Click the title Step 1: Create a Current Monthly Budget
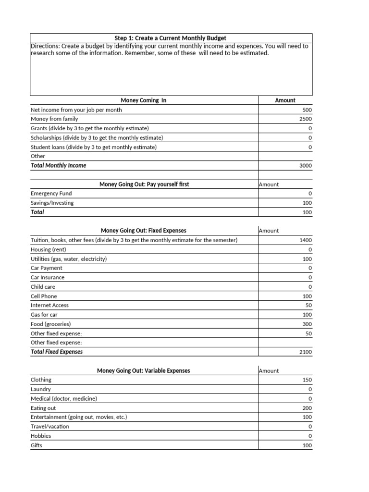tap(171, 38)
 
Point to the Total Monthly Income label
tap(58, 165)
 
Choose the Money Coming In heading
tap(144, 100)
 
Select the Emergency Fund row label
tap(51, 194)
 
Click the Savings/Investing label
tap(52, 203)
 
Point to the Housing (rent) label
tap(48, 249)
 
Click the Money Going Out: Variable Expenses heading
tap(143, 370)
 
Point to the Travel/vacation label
tap(49, 426)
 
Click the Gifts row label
tap(37, 445)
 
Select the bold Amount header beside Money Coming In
tap(285, 100)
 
